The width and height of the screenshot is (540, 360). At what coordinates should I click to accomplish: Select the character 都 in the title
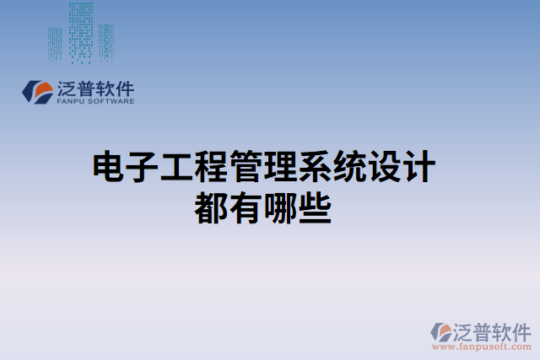pos(211,208)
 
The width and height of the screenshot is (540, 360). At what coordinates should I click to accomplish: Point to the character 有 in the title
pos(246,208)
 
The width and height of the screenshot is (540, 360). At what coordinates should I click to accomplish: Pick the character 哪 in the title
pos(280,208)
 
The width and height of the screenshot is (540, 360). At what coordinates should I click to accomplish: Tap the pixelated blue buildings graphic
pos(81,34)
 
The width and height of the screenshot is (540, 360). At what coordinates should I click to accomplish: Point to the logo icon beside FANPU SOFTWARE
pos(38,92)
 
